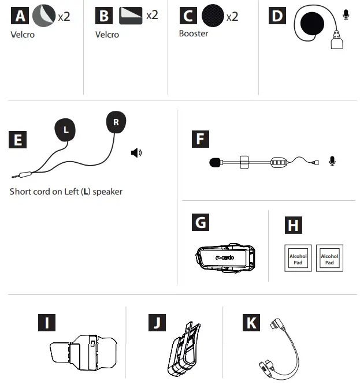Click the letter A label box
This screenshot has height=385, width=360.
pos(20,16)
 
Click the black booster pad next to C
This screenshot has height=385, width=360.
pos(213,16)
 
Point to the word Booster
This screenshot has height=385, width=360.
pos(194,33)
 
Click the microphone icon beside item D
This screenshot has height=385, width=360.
pos(346,14)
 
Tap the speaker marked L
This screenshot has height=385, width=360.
pos(65,130)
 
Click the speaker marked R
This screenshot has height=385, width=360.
pos(116,122)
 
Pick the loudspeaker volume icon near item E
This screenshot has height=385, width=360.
pos(136,153)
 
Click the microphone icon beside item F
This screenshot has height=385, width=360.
pos(332,162)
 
